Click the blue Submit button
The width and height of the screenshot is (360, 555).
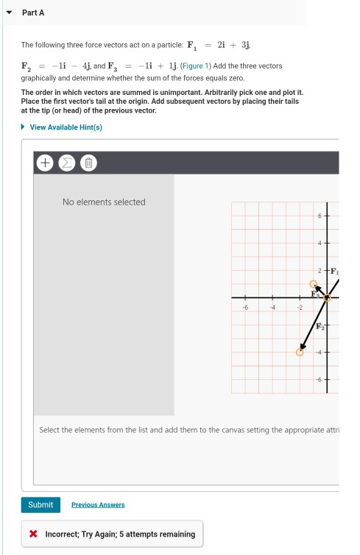40,504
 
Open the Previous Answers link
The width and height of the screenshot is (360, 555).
98,505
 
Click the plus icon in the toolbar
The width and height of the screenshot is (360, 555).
44,162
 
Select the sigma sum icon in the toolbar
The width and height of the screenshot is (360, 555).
66,162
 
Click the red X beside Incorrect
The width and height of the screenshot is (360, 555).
34,534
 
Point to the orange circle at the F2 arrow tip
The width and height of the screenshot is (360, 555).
300,352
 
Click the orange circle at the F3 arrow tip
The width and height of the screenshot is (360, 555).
314,283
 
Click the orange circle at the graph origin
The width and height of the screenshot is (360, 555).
328,297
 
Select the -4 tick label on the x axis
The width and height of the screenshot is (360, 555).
272,308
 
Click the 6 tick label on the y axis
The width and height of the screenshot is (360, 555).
320,216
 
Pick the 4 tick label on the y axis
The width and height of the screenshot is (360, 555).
320,243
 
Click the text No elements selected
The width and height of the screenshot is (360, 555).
104,202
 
